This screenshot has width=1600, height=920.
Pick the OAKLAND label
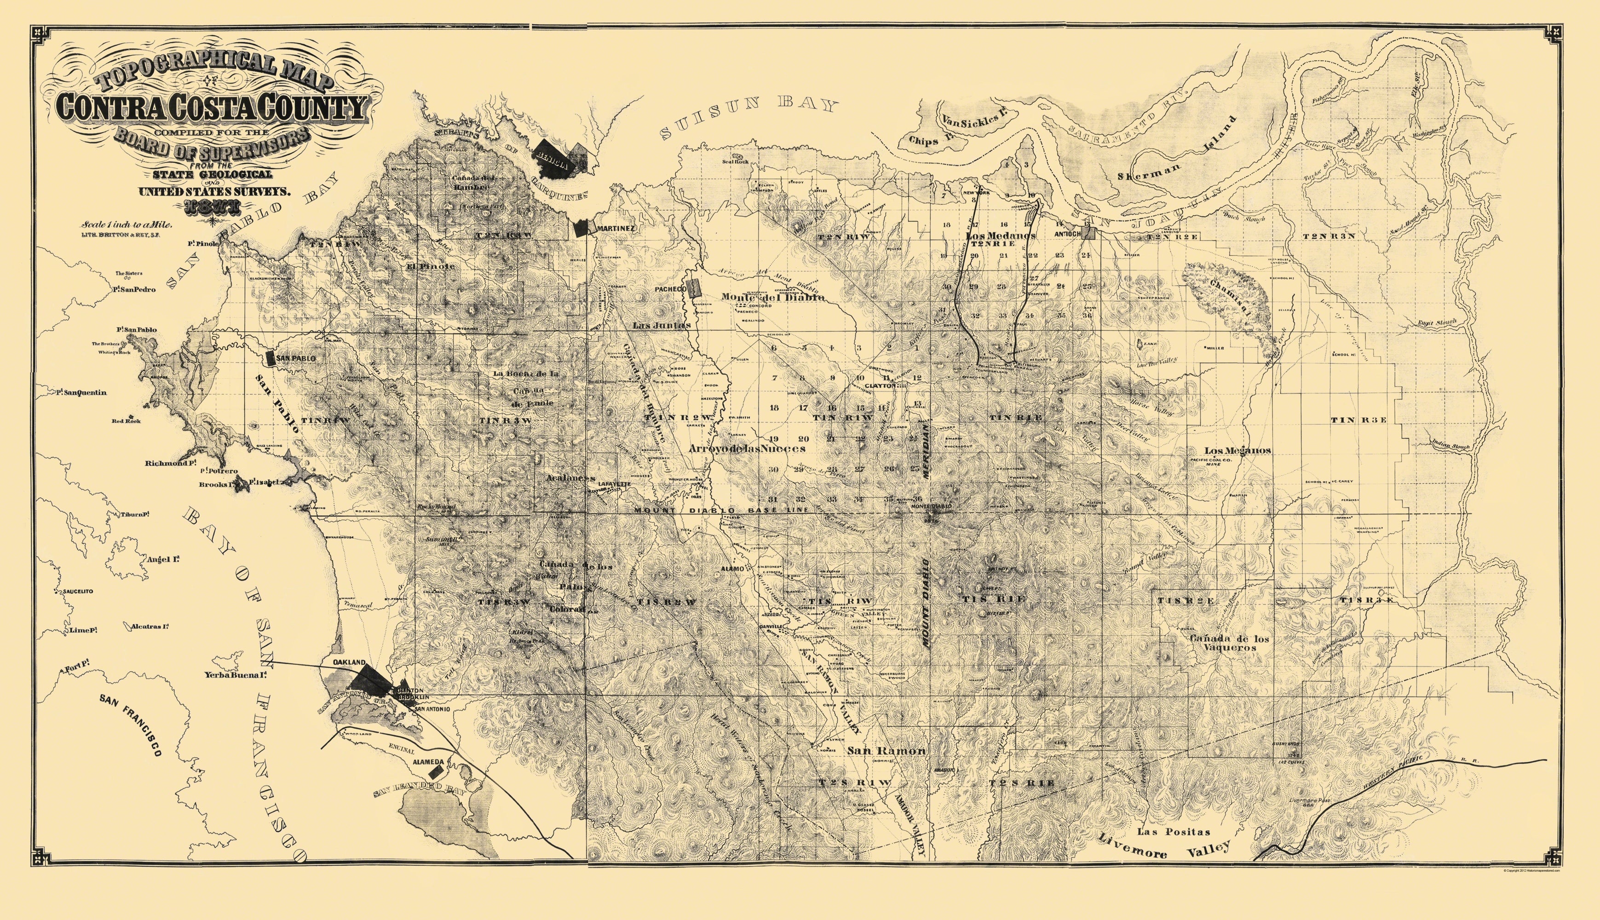(x=349, y=661)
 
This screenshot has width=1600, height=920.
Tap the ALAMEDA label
(x=428, y=762)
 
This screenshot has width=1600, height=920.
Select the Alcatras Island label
(x=150, y=627)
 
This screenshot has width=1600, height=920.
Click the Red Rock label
(x=127, y=421)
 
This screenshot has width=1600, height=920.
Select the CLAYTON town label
(x=880, y=385)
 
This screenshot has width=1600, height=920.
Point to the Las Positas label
(x=1174, y=832)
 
